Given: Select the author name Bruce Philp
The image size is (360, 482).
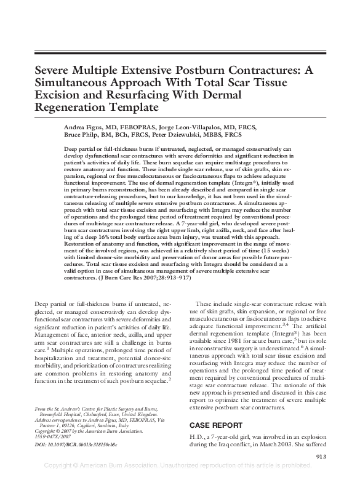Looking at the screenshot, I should click(x=81, y=134).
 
